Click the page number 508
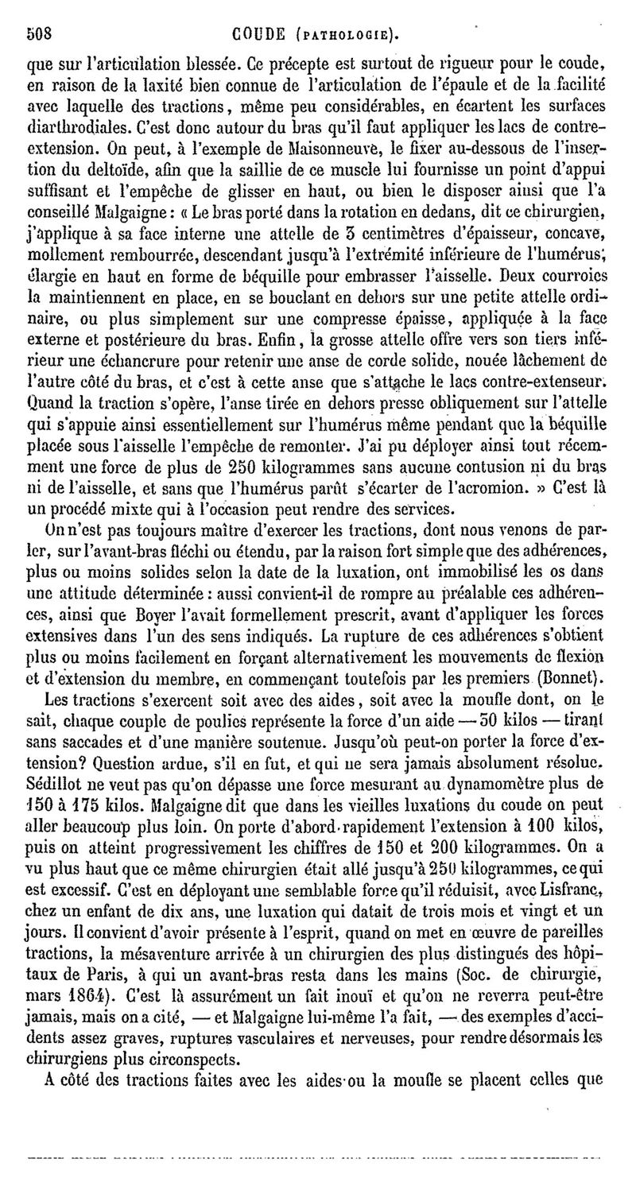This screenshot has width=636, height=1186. (x=39, y=33)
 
